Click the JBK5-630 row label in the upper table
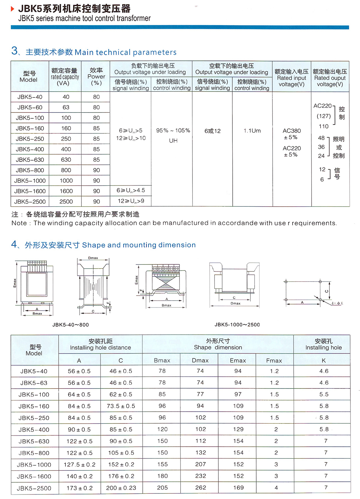30,160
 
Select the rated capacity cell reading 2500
66,201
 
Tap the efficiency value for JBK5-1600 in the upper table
96,191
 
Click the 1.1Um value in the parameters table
252,131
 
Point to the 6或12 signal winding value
212,131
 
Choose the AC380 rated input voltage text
292,131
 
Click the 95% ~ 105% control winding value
173,130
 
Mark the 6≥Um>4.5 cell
131,190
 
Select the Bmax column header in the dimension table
162,360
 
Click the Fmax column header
274,360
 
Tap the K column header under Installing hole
324,360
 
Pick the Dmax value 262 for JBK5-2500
201,488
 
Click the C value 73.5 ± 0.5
121,406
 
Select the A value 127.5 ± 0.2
80,464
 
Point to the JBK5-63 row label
34,383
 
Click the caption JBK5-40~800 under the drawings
70,325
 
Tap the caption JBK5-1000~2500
237,325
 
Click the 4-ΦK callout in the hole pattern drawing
337,303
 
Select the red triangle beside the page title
13,9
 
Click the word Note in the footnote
19,223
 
